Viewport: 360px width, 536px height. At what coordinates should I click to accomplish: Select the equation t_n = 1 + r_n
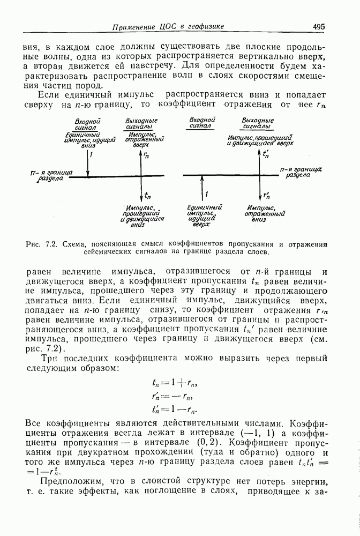pos(175,383)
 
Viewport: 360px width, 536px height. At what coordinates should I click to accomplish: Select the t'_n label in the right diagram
pos(266,154)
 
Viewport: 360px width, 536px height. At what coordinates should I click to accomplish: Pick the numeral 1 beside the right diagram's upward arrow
pos(207,194)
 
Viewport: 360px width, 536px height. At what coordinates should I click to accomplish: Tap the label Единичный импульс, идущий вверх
pos(205,217)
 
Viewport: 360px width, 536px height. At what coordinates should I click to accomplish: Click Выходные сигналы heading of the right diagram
pos(258,123)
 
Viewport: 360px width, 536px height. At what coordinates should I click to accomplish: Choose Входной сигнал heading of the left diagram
pos(88,125)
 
